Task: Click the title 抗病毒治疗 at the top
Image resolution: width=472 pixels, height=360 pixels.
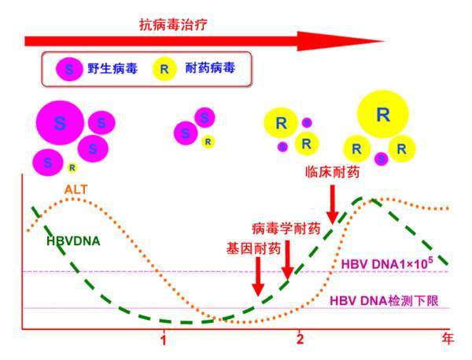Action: [173, 24]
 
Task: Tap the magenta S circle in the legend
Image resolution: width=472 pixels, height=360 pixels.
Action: [69, 69]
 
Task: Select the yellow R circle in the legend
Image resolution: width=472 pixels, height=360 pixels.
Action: [164, 69]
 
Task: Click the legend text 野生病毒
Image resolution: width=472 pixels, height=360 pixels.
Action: [112, 68]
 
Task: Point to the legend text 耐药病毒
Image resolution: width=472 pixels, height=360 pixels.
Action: [210, 68]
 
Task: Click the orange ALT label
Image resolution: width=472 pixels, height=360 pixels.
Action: [76, 189]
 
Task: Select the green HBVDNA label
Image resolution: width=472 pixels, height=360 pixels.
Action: [73, 241]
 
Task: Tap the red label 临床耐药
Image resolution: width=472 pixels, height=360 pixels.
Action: [332, 172]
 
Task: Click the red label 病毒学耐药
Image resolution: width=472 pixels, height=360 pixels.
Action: [286, 229]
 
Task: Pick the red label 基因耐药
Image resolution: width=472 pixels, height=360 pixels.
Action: [253, 248]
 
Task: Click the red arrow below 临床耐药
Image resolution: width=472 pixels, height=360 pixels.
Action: [332, 204]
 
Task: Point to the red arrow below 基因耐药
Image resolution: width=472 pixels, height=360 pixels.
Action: [258, 277]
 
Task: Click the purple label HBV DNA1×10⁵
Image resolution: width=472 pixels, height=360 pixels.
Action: [387, 263]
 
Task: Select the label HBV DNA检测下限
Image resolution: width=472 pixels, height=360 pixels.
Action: [384, 301]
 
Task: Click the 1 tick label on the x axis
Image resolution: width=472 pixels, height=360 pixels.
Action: [164, 340]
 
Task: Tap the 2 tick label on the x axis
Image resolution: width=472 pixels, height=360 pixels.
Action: [300, 340]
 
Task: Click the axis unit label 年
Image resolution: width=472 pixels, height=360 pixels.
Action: [448, 339]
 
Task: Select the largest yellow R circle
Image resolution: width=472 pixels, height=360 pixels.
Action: [382, 114]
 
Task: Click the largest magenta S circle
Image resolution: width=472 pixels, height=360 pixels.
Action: [60, 123]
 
